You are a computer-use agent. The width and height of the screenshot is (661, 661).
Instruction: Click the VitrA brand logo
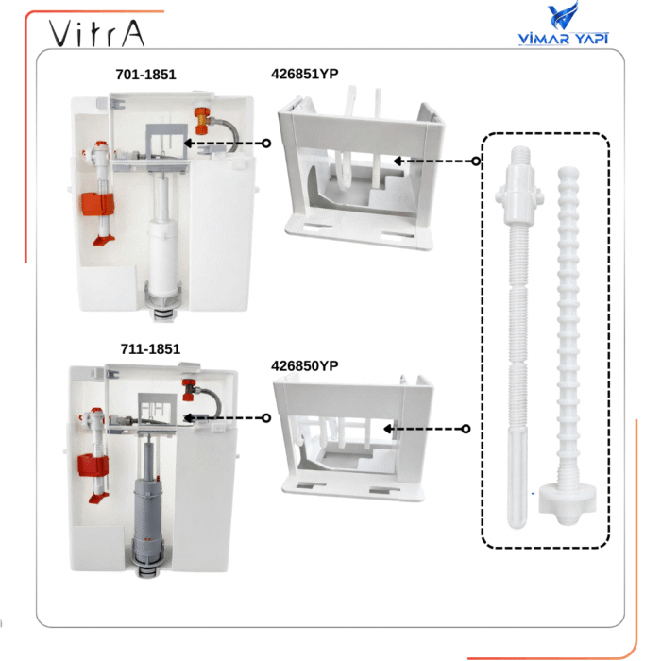pyautogui.click(x=97, y=33)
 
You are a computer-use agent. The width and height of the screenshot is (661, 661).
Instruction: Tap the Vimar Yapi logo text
pyautogui.click(x=563, y=39)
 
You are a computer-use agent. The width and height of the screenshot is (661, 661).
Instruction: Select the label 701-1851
pyautogui.click(x=145, y=75)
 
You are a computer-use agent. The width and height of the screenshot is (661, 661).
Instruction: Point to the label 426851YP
pyautogui.click(x=304, y=74)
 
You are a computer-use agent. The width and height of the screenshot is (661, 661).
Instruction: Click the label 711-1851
pyautogui.click(x=150, y=349)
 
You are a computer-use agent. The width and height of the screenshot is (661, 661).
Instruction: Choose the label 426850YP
pyautogui.click(x=304, y=366)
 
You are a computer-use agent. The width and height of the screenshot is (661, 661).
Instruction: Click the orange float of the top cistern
pyautogui.click(x=98, y=204)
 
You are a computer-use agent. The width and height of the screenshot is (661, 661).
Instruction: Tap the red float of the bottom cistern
pyautogui.click(x=93, y=466)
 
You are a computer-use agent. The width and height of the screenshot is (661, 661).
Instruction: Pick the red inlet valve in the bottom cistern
pyautogui.click(x=189, y=389)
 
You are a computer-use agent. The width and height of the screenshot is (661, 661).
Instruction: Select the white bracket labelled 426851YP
pyautogui.click(x=361, y=169)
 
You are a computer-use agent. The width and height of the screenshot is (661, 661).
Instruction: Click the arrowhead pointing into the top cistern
pyautogui.click(x=188, y=144)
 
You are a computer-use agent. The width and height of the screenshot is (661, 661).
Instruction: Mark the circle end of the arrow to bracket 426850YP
pyautogui.click(x=466, y=429)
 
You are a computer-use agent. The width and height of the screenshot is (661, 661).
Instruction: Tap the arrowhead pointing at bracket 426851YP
pyautogui.click(x=398, y=161)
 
